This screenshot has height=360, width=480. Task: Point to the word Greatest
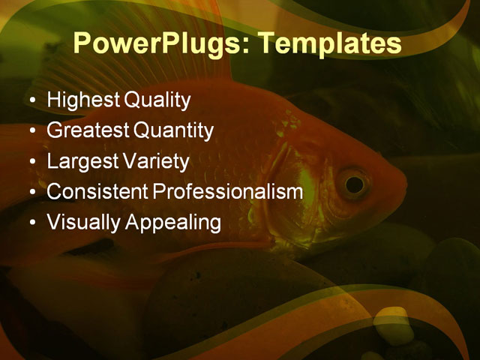88,130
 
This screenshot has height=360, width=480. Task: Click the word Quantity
173,130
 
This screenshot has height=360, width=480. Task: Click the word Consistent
97,192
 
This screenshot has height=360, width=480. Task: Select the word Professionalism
228,192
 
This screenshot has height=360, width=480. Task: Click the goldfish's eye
353,182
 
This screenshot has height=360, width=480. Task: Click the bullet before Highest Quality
31,100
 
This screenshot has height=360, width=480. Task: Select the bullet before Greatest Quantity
31,131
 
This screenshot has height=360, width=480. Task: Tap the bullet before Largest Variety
31,162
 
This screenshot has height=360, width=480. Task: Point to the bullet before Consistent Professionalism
31,193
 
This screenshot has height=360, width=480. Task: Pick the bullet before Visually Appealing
31,223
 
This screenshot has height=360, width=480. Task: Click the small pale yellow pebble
389,325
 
